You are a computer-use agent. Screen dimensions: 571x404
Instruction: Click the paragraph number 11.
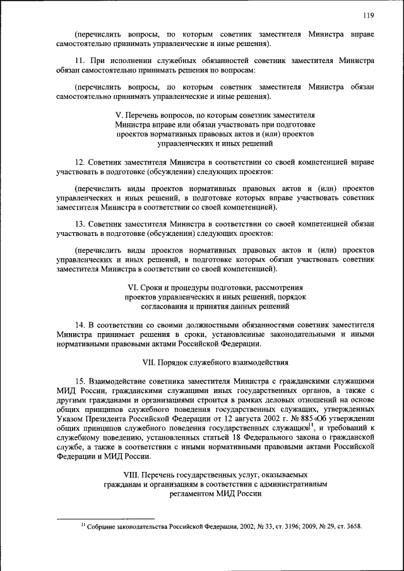click(79, 61)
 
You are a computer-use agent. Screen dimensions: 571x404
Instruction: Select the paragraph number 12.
click(79, 162)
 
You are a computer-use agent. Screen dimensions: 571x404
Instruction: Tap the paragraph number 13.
click(79, 223)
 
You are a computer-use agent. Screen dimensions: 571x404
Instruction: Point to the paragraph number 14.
click(79, 325)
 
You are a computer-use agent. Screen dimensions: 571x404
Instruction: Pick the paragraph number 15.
click(79, 382)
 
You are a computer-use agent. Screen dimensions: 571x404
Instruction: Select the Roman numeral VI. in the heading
click(133, 287)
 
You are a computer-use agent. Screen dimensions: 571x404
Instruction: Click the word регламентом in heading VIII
click(191, 495)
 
